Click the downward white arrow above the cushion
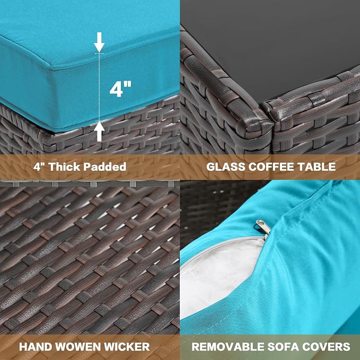(x=99, y=42)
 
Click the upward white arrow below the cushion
(x=99, y=131)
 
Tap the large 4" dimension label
(x=120, y=89)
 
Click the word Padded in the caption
(x=104, y=166)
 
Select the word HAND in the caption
(x=36, y=347)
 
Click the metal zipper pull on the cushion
(x=264, y=227)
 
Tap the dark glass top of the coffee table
(x=276, y=41)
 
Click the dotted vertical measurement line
(x=99, y=87)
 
